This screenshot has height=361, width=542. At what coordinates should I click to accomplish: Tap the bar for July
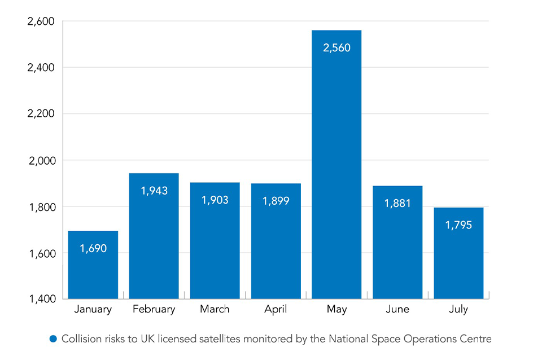458,259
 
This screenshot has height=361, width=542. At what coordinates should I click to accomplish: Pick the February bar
154,243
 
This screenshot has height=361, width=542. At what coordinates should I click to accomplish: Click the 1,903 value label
215,200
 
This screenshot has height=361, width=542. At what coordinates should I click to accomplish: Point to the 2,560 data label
336,48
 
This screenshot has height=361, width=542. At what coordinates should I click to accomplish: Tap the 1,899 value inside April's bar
276,201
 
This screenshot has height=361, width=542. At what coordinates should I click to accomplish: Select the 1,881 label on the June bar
397,203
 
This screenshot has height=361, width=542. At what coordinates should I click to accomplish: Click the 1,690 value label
93,248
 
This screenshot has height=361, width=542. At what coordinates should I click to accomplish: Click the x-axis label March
215,309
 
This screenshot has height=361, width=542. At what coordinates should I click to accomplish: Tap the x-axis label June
397,309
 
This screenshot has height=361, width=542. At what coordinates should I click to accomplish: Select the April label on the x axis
276,310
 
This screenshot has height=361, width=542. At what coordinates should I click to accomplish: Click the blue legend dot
54,339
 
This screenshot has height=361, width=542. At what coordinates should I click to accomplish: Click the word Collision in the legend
80,339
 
